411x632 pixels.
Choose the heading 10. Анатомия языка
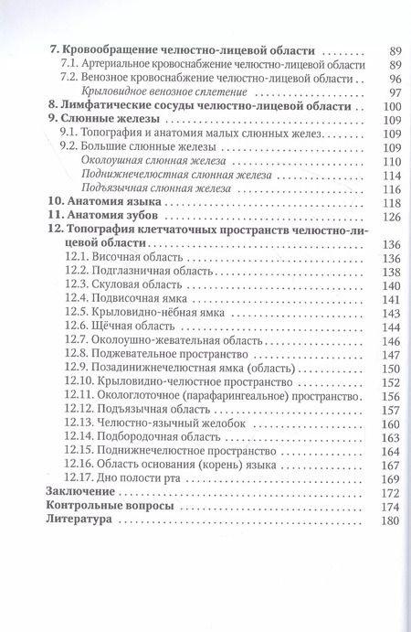click(x=102, y=201)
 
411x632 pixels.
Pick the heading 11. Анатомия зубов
click(x=101, y=215)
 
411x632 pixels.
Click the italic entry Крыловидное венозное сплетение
click(x=160, y=92)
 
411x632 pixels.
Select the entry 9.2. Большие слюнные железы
click(x=145, y=146)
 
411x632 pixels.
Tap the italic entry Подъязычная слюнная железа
click(x=151, y=187)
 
